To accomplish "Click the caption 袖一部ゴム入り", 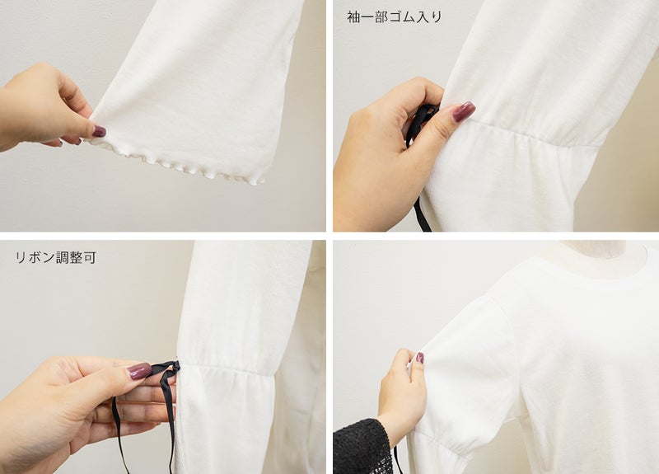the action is pyautogui.click(x=395, y=16).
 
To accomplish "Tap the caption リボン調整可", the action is pyautogui.click(x=56, y=257).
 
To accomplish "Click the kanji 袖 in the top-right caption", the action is pyautogui.click(x=353, y=16).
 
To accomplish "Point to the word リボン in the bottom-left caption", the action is pyautogui.click(x=35, y=257).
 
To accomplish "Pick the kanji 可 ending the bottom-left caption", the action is pyautogui.click(x=90, y=257).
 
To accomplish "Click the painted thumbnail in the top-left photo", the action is pyautogui.click(x=99, y=131).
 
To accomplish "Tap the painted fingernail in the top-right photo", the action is pyautogui.click(x=463, y=111).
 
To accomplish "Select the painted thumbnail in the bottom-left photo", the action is pyautogui.click(x=139, y=371).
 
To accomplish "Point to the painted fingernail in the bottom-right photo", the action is pyautogui.click(x=419, y=358).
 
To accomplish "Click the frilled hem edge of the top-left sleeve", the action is pyautogui.click(x=176, y=163).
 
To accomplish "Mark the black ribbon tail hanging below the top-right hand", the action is pyautogui.click(x=422, y=214).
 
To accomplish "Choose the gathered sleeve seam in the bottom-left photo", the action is pyautogui.click(x=227, y=368).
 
